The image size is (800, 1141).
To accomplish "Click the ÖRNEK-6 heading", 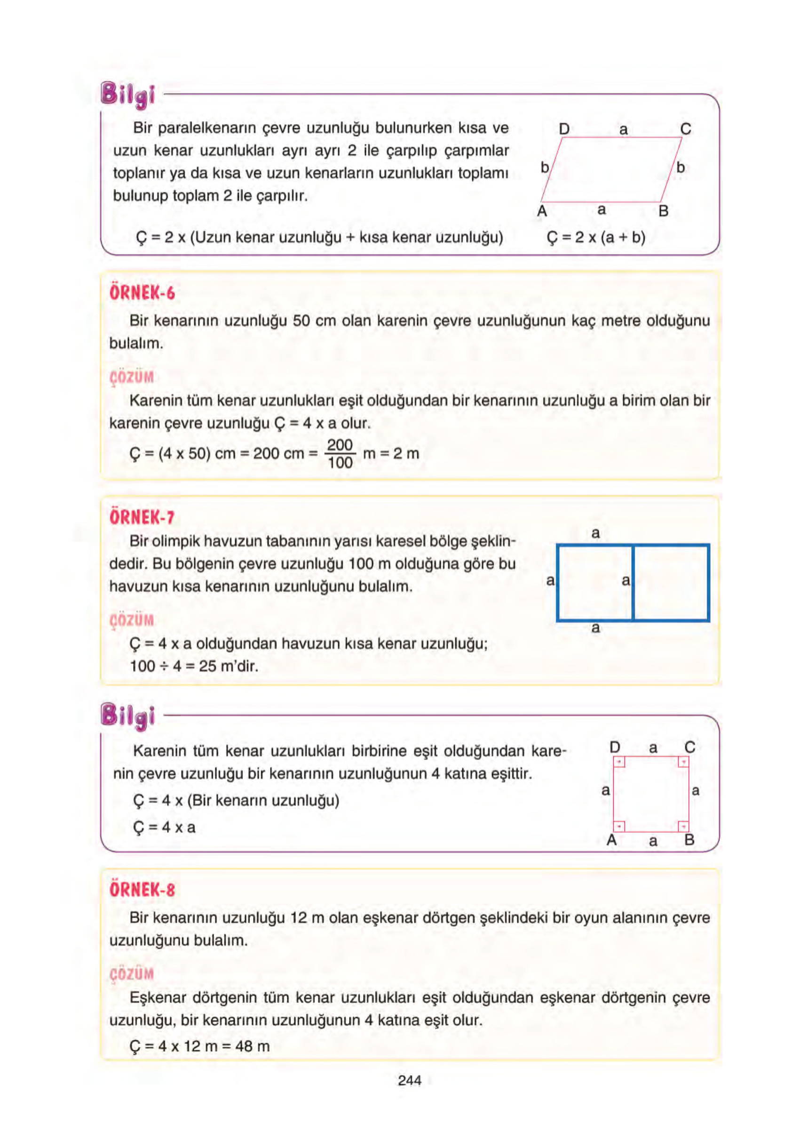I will (142, 293).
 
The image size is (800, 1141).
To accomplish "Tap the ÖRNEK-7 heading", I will (142, 517).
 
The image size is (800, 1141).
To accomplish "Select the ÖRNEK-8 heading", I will (142, 890).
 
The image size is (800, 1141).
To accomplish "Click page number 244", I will (409, 1080).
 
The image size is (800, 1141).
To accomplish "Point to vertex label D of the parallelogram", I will (563, 129).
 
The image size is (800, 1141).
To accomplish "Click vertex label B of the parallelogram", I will (663, 211).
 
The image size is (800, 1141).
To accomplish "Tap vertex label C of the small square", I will (689, 747).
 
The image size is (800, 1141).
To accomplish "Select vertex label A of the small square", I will (611, 840).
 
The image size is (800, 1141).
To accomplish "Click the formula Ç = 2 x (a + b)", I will (595, 238).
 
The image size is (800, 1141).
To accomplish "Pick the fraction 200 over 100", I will (340, 454).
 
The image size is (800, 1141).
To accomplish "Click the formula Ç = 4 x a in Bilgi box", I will (164, 828).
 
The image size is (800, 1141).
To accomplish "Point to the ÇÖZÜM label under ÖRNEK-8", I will (132, 974).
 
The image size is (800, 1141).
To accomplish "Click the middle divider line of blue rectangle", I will (633, 583).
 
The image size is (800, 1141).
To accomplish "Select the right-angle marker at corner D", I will (619, 762).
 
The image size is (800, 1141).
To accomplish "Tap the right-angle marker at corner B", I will (683, 827).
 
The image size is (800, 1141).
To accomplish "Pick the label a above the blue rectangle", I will (595, 533).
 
